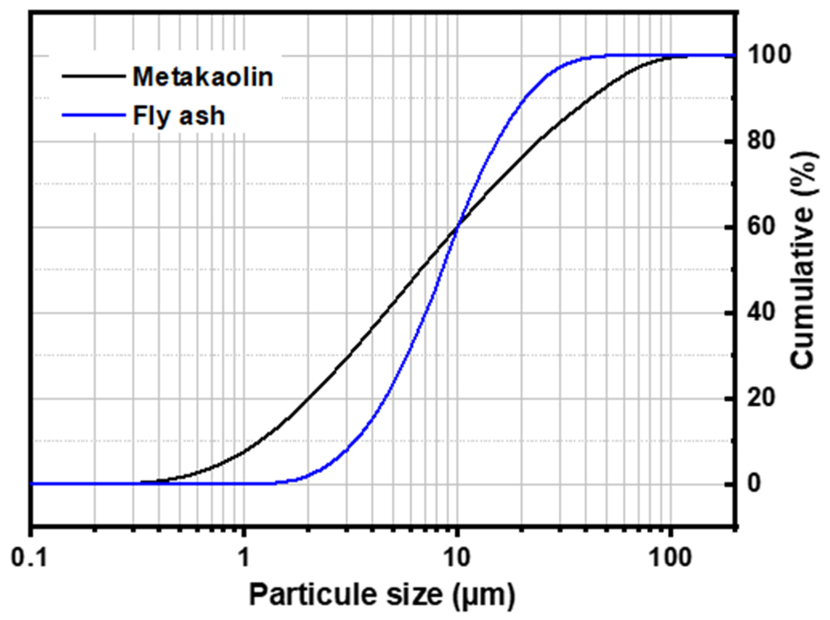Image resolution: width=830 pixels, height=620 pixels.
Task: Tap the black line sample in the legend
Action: tap(93, 76)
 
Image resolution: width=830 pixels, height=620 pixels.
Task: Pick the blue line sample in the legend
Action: tap(93, 115)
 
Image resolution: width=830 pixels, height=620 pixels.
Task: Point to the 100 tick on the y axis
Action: tap(772, 56)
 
